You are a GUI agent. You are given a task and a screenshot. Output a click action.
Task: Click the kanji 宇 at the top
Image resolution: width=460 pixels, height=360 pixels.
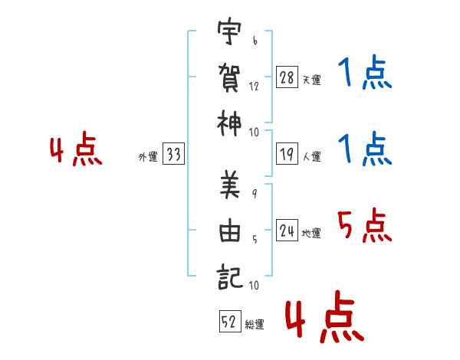coord(229,31)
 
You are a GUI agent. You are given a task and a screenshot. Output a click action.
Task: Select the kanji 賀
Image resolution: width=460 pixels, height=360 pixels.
coord(229,77)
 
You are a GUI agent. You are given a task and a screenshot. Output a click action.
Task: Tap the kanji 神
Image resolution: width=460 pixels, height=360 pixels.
coord(229,124)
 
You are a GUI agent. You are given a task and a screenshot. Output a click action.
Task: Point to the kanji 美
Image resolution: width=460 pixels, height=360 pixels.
coord(230,185)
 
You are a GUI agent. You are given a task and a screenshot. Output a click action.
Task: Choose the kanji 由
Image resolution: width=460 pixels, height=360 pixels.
coord(230,231)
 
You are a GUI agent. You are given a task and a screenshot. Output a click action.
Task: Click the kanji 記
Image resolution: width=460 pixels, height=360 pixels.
coord(230,277)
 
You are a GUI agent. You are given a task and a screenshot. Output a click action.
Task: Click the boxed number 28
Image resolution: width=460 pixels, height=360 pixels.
coord(287,77)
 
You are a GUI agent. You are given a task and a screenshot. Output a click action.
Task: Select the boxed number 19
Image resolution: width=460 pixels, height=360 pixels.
coord(287,154)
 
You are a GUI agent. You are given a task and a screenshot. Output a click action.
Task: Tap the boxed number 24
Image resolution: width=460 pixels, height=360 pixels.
coord(287,230)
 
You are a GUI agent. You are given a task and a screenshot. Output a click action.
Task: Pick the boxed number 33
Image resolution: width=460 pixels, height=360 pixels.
coord(173,154)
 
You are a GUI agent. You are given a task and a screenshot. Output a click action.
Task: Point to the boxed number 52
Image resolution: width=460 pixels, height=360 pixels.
coord(230,321)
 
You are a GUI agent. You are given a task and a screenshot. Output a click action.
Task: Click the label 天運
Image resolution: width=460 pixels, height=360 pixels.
coord(312,80)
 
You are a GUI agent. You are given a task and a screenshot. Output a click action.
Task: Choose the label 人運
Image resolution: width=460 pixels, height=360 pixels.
coord(312,156)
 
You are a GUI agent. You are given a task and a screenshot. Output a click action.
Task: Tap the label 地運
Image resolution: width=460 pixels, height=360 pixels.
coord(311,234)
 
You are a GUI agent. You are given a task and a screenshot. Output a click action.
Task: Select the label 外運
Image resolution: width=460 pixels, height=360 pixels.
coord(148,156)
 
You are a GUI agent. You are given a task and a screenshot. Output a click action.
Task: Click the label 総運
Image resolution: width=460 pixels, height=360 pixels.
coord(255,325)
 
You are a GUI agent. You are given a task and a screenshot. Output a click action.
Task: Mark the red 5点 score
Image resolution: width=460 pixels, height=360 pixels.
coord(365,225)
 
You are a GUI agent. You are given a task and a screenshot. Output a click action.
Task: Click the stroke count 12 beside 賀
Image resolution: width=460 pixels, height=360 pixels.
coord(254,87)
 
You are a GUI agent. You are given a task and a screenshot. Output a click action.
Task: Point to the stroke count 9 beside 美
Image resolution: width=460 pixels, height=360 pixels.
coord(255,194)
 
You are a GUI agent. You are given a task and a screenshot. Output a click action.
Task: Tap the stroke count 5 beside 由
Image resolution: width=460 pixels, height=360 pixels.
coord(255,240)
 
